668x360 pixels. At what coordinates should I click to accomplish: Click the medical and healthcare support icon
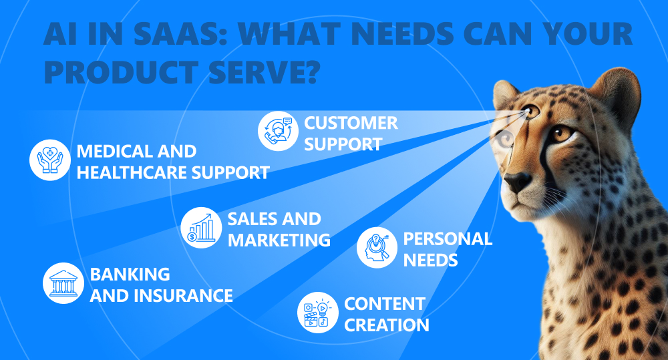point(50,160)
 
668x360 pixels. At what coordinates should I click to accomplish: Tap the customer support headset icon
point(278,131)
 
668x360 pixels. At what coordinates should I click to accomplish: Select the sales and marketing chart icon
point(201,228)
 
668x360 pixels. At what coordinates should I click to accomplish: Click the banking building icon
point(63,283)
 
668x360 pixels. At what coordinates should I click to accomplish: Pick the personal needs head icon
point(377,248)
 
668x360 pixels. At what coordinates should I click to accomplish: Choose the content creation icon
point(318,313)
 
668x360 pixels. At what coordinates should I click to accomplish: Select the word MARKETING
point(279,240)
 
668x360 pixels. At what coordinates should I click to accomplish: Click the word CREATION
point(386,325)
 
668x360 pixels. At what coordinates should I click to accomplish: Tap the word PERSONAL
point(448,239)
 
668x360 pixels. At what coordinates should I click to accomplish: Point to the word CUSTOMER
point(351,123)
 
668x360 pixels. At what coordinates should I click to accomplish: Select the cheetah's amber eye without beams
point(562,134)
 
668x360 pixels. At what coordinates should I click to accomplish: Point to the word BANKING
point(130,275)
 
